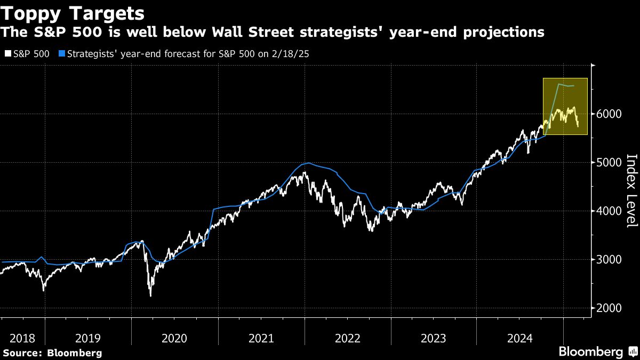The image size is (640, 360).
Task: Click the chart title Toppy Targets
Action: pyautogui.click(x=74, y=13)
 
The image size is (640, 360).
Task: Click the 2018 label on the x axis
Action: pyautogui.click(x=22, y=338)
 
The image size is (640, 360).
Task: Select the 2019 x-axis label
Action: pyautogui.click(x=87, y=338)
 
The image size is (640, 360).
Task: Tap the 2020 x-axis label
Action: pyautogui.click(x=174, y=338)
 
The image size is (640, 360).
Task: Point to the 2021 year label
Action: pyautogui.click(x=261, y=338)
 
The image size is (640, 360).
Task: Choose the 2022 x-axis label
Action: pyautogui.click(x=347, y=338)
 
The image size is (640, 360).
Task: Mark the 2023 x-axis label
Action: pyautogui.click(x=434, y=338)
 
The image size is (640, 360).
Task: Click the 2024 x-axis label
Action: pyautogui.click(x=520, y=338)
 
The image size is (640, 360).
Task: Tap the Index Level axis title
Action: pyautogui.click(x=631, y=190)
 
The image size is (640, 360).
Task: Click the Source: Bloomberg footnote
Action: pyautogui.click(x=52, y=353)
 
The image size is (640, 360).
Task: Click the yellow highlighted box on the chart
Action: pyautogui.click(x=565, y=106)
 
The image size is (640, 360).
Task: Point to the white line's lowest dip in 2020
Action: pyautogui.click(x=150, y=295)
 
